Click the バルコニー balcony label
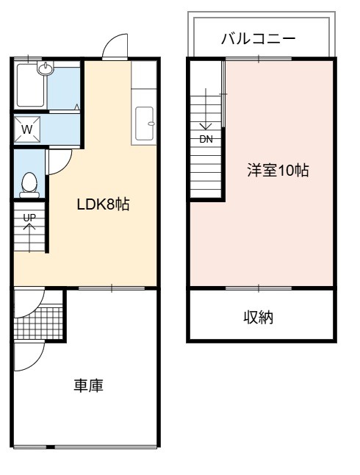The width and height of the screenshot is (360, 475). coord(259,39)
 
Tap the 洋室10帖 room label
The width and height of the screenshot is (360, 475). coord(278,171)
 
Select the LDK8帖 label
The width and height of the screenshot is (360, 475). coord(104,204)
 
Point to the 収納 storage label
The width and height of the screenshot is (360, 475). coord(259,318)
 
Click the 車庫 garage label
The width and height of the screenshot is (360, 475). coord(88,385)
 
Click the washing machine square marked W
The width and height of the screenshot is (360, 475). coord(27,129)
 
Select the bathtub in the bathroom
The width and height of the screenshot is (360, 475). coord(30,85)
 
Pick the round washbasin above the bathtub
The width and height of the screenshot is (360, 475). coord(46,68)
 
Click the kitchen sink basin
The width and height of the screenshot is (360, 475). coord(144,124)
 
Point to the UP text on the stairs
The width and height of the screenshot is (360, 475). coord(29,218)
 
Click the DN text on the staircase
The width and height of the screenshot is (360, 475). coord(206,140)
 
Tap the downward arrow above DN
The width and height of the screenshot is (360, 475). coord(206,109)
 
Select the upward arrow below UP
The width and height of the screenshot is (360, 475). coord(29,238)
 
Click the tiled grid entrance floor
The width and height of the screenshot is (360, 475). coord(38,323)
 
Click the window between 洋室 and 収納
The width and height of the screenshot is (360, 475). coord(259,288)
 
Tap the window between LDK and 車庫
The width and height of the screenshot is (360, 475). coord(112,288)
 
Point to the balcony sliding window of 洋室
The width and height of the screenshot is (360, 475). coord(259,59)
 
